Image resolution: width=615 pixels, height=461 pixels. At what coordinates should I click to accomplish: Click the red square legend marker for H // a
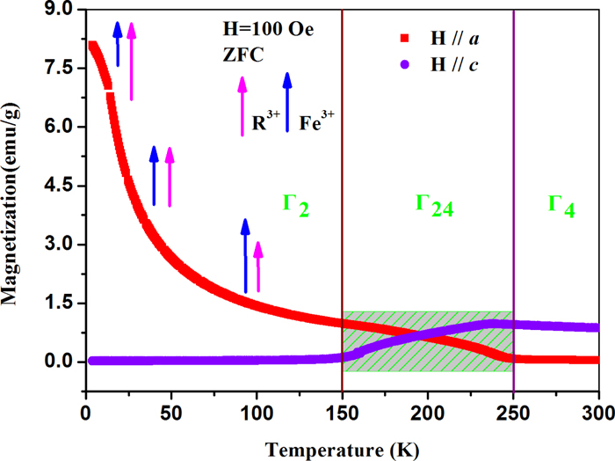click(x=406, y=37)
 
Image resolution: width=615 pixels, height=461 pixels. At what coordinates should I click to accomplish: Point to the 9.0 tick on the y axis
click(x=59, y=11)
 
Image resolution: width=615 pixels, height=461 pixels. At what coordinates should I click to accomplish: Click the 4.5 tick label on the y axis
click(x=59, y=186)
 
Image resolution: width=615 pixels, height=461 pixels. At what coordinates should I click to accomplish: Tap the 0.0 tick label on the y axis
click(x=59, y=362)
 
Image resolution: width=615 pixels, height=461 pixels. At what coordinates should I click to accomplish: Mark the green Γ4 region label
click(x=561, y=204)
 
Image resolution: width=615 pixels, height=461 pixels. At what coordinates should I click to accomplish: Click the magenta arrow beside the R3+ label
click(x=242, y=106)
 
